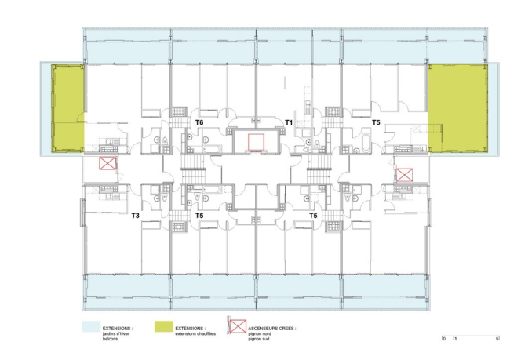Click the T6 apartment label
(199, 123)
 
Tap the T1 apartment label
(289, 123)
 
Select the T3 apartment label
(135, 215)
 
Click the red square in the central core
(255, 141)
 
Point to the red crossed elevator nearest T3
(107, 164)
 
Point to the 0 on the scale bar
(444, 338)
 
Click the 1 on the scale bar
(455, 338)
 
